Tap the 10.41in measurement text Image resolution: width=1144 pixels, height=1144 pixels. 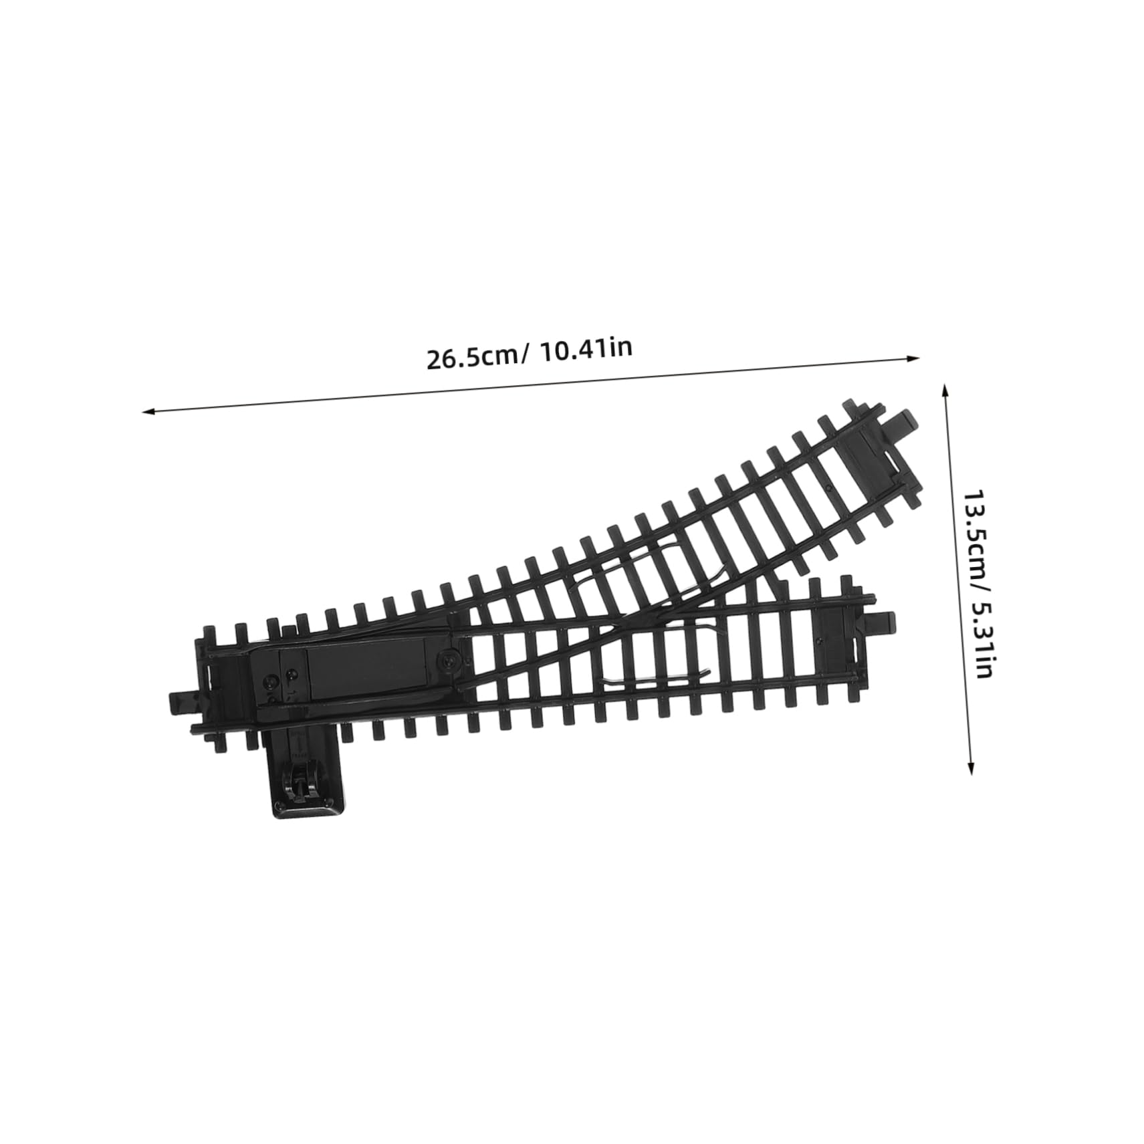584,348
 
